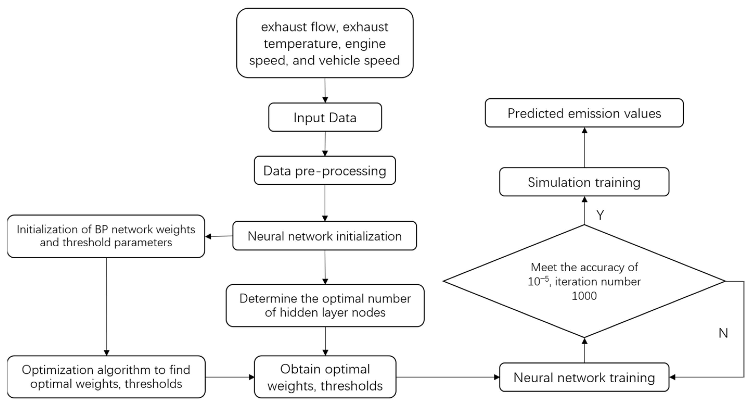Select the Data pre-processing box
325,171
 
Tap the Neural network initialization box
324,236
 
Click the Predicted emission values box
584,113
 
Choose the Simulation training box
584,182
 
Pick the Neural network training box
584,377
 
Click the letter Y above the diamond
600,215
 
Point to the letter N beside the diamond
723,333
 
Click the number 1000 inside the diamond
584,296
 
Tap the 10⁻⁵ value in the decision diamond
538,281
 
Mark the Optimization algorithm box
106,377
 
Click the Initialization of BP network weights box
106,236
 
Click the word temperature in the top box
300,44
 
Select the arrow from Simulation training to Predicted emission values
584,147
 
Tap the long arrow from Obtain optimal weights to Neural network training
447,377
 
